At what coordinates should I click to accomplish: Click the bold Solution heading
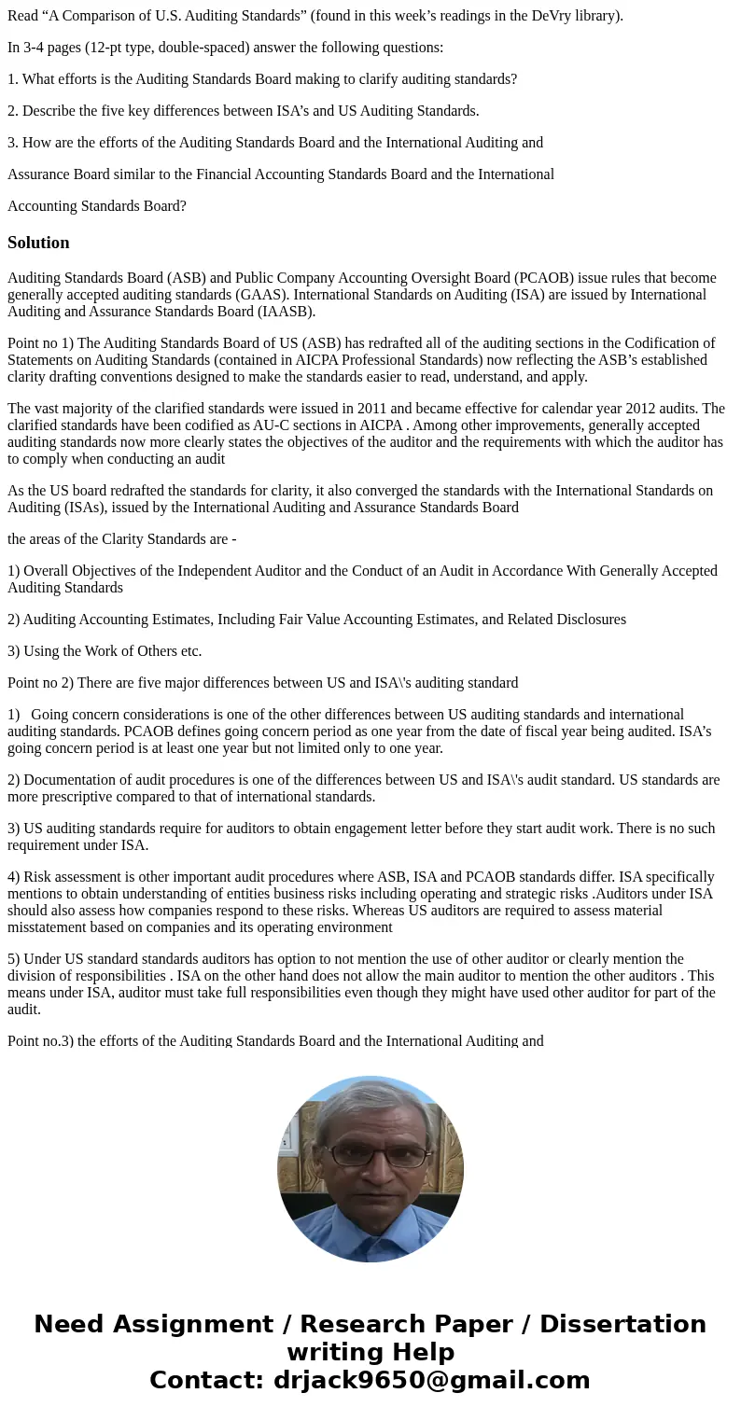(x=38, y=243)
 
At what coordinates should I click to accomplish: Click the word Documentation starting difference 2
(x=68, y=780)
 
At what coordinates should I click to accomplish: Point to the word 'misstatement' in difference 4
(x=47, y=927)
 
